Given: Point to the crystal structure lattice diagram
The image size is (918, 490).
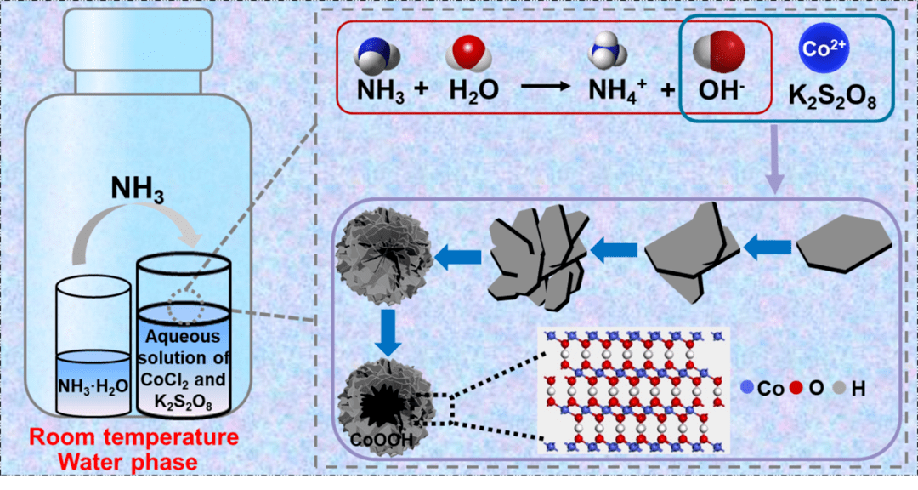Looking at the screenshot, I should (633, 388).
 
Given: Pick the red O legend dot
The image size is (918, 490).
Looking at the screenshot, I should (796, 388).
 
